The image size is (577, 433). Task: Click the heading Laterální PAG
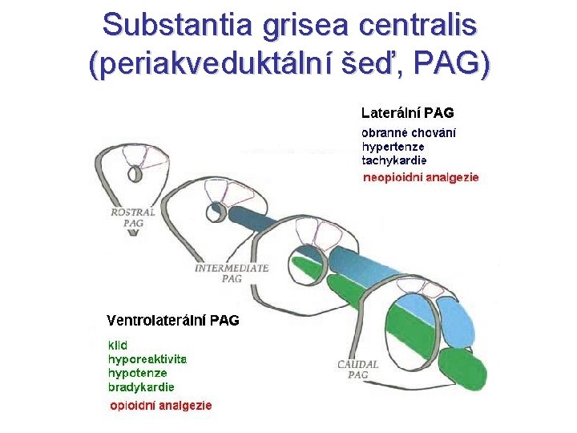[x=407, y=113]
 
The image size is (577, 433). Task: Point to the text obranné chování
[x=409, y=133]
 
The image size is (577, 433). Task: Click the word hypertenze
[x=393, y=147]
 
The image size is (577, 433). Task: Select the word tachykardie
[x=394, y=160]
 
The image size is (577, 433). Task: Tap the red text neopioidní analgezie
[x=421, y=176]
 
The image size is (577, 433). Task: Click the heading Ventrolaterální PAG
[x=173, y=321]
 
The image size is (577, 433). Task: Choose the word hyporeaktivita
[x=147, y=359]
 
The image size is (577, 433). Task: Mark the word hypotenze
[x=138, y=373]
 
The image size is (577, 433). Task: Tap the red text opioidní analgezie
[x=161, y=405]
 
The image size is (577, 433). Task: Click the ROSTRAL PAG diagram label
[x=134, y=218]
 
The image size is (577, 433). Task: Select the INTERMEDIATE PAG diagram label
[x=232, y=273]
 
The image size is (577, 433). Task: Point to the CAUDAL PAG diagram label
[x=357, y=369]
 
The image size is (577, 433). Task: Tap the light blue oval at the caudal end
[x=457, y=321]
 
